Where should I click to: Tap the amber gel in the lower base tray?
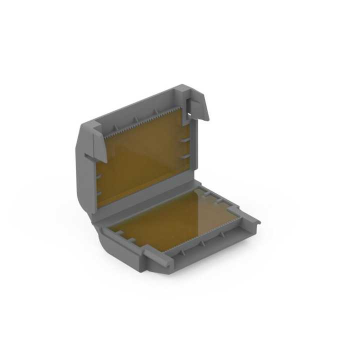170,220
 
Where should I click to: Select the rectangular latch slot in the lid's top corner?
189,107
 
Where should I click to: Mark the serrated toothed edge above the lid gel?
145,122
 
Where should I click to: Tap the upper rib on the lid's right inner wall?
185,140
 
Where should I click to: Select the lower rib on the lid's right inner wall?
185,157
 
